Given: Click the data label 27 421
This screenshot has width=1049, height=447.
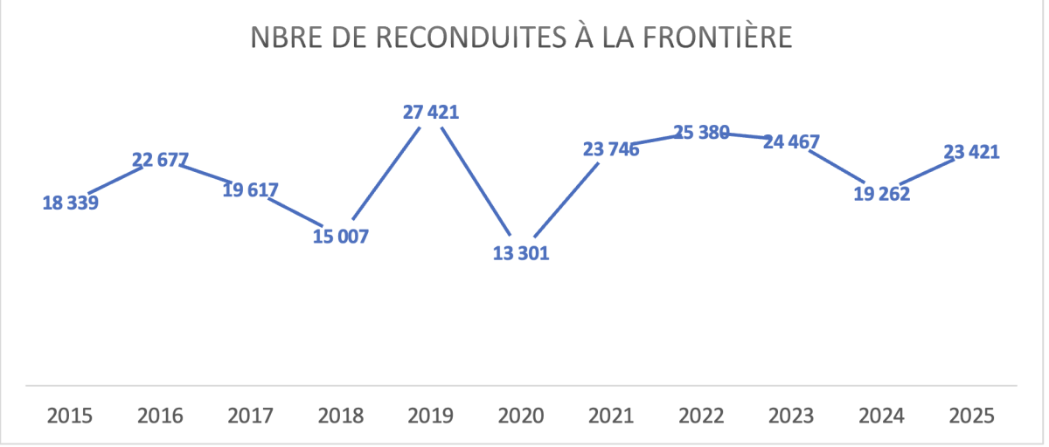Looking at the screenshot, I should pyautogui.click(x=431, y=112).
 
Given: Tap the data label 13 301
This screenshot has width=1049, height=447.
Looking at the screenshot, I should pyautogui.click(x=520, y=255).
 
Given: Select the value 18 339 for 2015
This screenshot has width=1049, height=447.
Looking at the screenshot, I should pyautogui.click(x=71, y=203).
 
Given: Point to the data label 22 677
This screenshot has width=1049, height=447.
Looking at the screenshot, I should pyautogui.click(x=161, y=161).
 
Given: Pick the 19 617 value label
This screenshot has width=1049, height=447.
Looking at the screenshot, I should pyautogui.click(x=251, y=191).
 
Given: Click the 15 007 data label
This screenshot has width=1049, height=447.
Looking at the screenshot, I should pyautogui.click(x=341, y=237).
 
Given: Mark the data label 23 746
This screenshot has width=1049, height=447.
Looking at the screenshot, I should pyautogui.click(x=611, y=149).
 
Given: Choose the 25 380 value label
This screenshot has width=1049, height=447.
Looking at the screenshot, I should pyautogui.click(x=701, y=134).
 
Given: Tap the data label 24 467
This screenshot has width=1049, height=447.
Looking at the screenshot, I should pyautogui.click(x=791, y=141).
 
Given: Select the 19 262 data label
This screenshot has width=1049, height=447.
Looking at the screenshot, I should pyautogui.click(x=881, y=194).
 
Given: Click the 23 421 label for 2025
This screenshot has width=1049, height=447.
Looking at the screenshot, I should pyautogui.click(x=971, y=152).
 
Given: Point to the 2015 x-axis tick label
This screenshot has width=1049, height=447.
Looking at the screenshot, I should pyautogui.click(x=71, y=416).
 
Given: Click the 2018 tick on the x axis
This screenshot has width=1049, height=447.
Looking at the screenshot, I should pyautogui.click(x=341, y=416).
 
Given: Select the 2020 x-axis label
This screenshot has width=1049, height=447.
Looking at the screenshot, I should pyautogui.click(x=521, y=416).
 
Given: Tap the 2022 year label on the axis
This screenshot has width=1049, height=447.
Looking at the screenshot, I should pyautogui.click(x=701, y=416).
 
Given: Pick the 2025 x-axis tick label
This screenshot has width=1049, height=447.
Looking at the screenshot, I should pyautogui.click(x=971, y=416).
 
